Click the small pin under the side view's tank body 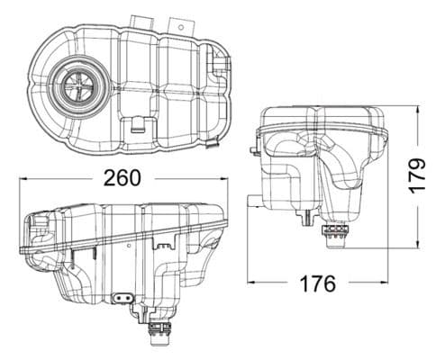point(310,217)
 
